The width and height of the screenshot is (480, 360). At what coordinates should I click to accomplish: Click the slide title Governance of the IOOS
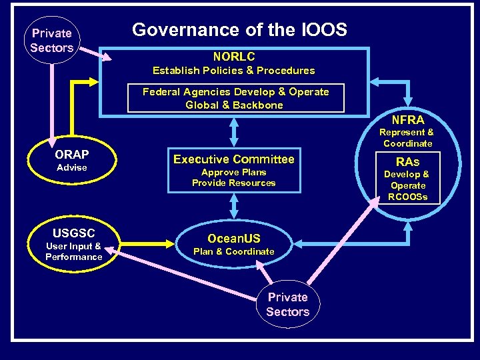pyautogui.click(x=239, y=30)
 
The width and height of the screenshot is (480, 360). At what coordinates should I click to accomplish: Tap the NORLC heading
pyautogui.click(x=233, y=57)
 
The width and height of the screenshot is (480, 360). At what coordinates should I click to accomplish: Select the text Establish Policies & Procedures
pyautogui.click(x=233, y=71)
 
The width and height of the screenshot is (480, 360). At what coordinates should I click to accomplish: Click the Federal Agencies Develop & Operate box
pyautogui.click(x=235, y=99)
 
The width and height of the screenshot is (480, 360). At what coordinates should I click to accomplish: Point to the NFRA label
pyautogui.click(x=408, y=120)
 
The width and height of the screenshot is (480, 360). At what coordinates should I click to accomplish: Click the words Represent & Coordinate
pyautogui.click(x=407, y=138)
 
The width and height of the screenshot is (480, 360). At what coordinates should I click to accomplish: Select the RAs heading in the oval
pyautogui.click(x=407, y=162)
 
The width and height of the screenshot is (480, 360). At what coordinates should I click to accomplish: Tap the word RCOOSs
pyautogui.click(x=407, y=197)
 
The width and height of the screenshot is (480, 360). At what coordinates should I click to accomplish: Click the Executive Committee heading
pyautogui.click(x=233, y=159)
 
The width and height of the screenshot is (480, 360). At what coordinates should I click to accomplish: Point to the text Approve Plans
pyautogui.click(x=233, y=172)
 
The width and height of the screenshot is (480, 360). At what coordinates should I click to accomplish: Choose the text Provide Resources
pyautogui.click(x=233, y=183)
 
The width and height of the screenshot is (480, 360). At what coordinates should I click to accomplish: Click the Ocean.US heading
pyautogui.click(x=233, y=239)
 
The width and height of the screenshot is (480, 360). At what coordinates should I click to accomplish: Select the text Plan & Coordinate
pyautogui.click(x=233, y=251)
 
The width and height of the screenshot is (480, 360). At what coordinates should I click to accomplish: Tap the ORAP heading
pyautogui.click(x=71, y=155)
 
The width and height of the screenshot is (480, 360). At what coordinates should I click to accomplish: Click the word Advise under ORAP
pyautogui.click(x=71, y=167)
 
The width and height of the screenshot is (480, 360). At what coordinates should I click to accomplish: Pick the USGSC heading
pyautogui.click(x=73, y=233)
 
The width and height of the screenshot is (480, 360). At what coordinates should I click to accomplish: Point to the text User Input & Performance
pyautogui.click(x=73, y=251)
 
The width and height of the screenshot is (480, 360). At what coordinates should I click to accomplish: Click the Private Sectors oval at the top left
pyautogui.click(x=51, y=40)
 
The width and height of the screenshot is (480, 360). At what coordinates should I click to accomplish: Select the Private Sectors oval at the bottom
pyautogui.click(x=287, y=305)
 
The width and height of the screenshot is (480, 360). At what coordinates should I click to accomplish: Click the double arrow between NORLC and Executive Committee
pyautogui.click(x=234, y=132)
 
